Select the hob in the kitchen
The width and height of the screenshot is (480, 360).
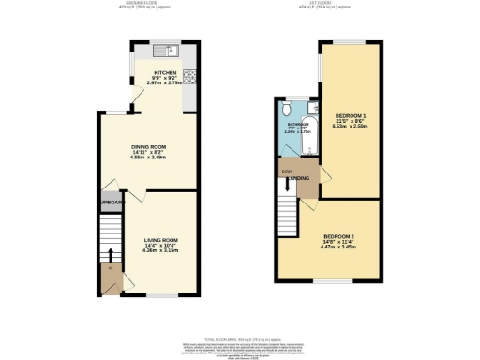pyautogui.click(x=190, y=77)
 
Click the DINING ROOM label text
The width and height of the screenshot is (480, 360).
pyautogui.click(x=150, y=147)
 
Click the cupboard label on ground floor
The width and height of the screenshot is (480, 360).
pyautogui.click(x=113, y=202)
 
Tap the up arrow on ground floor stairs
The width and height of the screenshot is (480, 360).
pyautogui.click(x=112, y=254)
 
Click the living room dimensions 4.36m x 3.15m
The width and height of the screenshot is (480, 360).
pyautogui.click(x=150, y=251)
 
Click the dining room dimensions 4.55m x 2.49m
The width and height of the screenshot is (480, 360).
pyautogui.click(x=150, y=159)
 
